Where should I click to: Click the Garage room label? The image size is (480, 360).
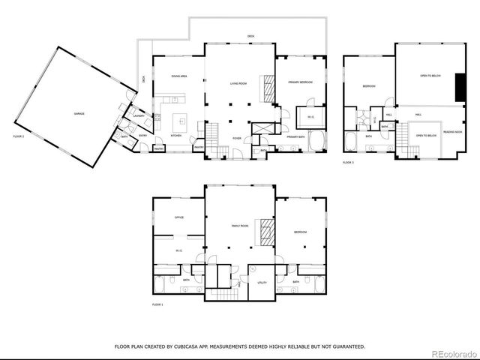(x=79, y=113)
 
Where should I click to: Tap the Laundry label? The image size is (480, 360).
(x=139, y=116)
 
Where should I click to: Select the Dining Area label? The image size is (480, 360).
(x=178, y=76)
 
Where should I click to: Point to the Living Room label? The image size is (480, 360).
(x=238, y=83)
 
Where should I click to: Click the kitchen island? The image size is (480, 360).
(x=180, y=119)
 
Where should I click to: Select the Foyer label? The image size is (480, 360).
(x=236, y=138)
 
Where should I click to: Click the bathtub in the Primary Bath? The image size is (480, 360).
(x=316, y=140)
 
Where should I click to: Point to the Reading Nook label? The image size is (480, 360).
(x=451, y=131)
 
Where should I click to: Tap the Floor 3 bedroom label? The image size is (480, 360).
(x=369, y=86)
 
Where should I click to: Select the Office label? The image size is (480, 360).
(x=179, y=217)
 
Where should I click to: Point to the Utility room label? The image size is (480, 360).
(x=262, y=283)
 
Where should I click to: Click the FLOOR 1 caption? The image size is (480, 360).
(x=157, y=304)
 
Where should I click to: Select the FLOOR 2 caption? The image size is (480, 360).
(x=19, y=136)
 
